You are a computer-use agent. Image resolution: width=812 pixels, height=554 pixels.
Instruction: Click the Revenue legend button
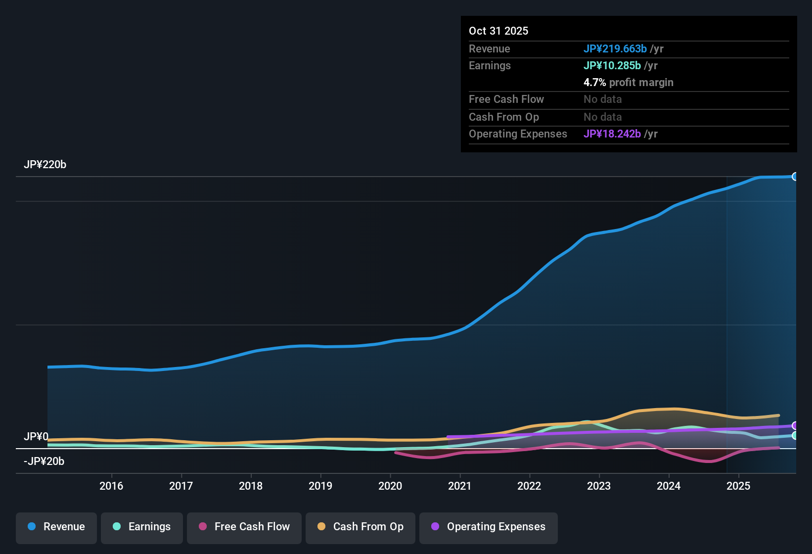[56, 527]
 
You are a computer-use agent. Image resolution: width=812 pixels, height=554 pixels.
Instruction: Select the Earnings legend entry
[142, 527]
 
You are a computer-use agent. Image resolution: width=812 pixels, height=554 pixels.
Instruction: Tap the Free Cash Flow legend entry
[244, 527]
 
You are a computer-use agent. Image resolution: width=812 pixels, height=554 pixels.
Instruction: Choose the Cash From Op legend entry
[361, 527]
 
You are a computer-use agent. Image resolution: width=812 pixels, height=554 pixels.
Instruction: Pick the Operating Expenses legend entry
[489, 527]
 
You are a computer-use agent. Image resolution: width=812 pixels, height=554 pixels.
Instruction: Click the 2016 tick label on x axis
[111, 486]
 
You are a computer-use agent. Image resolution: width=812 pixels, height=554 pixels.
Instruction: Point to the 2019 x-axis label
[320, 486]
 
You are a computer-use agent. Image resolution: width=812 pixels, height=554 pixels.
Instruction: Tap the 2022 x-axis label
[529, 486]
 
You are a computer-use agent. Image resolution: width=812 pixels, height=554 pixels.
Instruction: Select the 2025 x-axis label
[738, 486]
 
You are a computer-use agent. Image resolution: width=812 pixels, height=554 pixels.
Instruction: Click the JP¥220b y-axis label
[45, 165]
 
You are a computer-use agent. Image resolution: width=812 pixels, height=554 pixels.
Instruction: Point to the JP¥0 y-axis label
[36, 436]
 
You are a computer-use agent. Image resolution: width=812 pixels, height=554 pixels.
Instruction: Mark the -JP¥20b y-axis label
[44, 461]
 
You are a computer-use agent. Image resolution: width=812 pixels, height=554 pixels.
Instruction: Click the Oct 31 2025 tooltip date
[498, 31]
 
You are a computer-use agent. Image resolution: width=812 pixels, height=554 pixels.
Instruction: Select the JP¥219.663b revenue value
[615, 48]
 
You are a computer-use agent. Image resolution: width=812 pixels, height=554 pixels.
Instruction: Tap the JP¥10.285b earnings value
[612, 65]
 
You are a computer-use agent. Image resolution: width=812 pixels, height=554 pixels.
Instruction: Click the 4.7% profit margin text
[628, 82]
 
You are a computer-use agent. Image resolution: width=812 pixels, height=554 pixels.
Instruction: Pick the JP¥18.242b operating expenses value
[612, 134]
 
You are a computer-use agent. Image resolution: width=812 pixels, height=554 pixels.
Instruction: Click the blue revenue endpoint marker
[795, 177]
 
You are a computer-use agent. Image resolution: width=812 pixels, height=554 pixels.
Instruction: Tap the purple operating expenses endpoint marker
[795, 425]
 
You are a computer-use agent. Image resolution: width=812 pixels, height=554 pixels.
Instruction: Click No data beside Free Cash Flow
[602, 99]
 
